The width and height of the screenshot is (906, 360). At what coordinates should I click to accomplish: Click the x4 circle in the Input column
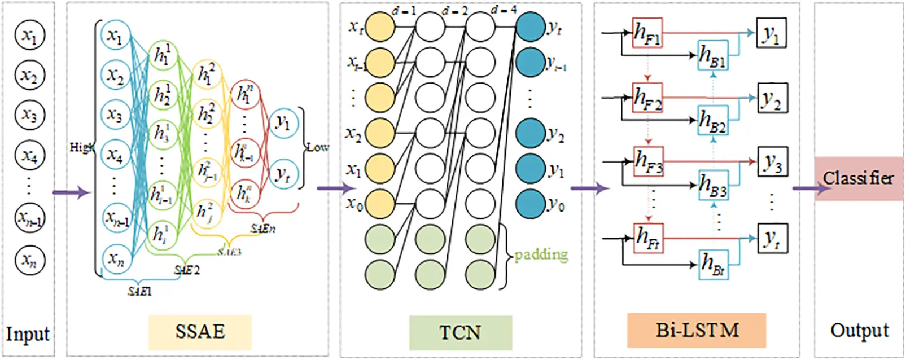[x=29, y=155]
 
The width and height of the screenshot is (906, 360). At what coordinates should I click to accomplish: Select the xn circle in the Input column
[x=29, y=260]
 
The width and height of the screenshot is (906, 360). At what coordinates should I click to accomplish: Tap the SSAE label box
[x=200, y=332]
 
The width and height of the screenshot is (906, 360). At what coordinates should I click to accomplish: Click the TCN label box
[x=460, y=332]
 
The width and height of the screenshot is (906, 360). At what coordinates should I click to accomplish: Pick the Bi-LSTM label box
[x=697, y=330]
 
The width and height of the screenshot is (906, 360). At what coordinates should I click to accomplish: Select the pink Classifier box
[x=858, y=178]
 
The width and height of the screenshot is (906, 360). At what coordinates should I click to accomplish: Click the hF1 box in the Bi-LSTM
[x=647, y=33]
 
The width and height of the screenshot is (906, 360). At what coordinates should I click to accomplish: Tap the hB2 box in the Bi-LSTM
[x=712, y=120]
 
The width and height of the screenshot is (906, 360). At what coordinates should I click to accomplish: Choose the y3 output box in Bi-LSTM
[x=772, y=163]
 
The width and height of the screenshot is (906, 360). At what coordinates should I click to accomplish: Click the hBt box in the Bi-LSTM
[x=712, y=264]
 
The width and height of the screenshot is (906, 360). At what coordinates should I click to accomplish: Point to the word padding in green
[x=541, y=254]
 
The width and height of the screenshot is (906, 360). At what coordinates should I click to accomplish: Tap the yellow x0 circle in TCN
[x=380, y=203]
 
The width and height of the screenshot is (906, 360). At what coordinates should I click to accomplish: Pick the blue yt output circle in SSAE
[x=283, y=174]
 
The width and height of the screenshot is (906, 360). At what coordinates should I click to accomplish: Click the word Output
[x=859, y=330]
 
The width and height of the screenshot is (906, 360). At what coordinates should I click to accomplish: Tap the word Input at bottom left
[x=28, y=334]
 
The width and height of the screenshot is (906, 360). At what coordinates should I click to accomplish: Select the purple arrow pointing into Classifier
[x=810, y=188]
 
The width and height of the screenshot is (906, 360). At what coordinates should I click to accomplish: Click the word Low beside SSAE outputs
[x=317, y=147]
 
